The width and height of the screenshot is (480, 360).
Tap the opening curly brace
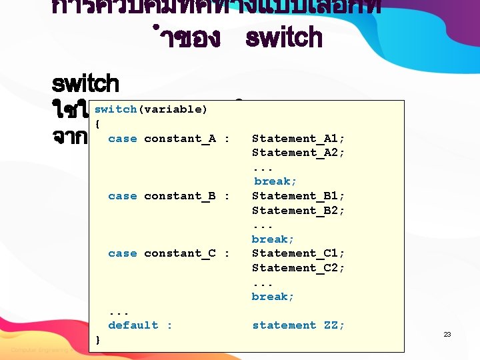tap(97, 124)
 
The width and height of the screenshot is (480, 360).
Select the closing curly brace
tap(98, 340)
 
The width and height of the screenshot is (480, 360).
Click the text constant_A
tap(179, 139)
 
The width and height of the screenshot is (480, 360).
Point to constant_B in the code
tap(179, 196)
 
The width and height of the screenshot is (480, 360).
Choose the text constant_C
tap(179, 253)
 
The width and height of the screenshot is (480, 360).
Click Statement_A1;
tap(298, 139)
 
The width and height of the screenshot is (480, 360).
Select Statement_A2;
tap(298, 153)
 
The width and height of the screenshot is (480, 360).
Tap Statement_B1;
tap(298, 196)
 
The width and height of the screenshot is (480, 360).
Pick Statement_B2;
tap(298, 211)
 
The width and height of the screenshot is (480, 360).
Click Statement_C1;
tap(298, 253)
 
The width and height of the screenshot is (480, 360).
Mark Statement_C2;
tap(298, 268)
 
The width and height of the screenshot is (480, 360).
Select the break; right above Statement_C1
tap(273, 239)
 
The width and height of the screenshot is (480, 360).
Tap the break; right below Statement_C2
tap(273, 297)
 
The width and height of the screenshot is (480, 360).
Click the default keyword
tap(133, 325)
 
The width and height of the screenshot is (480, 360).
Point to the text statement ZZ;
tap(298, 325)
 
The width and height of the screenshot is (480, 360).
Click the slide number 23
tap(447, 334)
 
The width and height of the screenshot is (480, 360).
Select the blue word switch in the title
tap(284, 38)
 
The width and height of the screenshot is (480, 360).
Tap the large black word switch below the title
tap(85, 85)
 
